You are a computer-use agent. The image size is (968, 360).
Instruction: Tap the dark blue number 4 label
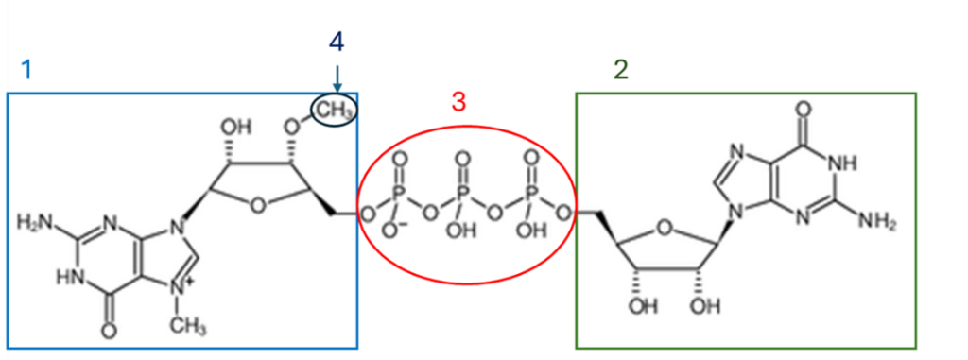click(x=337, y=42)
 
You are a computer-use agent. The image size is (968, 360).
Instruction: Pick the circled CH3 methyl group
click(x=335, y=110)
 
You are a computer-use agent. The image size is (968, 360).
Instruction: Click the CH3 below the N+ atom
click(x=189, y=327)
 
